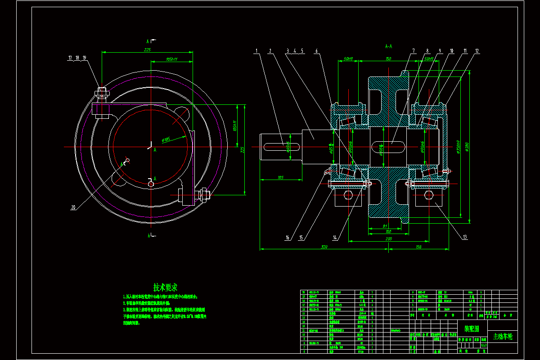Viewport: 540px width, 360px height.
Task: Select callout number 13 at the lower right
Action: (x=464, y=237)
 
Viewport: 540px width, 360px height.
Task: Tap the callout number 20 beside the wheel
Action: (x=73, y=207)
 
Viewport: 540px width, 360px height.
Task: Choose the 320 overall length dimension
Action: (x=324, y=247)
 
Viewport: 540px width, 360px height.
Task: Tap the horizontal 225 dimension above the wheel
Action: (x=147, y=50)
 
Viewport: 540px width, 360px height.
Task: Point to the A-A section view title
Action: (x=389, y=46)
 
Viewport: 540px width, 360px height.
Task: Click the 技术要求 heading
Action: (x=165, y=287)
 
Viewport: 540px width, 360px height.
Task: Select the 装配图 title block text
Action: (x=472, y=329)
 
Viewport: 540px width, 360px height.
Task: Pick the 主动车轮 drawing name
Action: (x=503, y=336)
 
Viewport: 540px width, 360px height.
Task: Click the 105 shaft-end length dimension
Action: (x=281, y=178)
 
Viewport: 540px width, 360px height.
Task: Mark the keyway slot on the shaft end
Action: (x=275, y=145)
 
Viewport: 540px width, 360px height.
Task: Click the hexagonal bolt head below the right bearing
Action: (x=428, y=195)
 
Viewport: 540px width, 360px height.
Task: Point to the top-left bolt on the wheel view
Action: (x=102, y=93)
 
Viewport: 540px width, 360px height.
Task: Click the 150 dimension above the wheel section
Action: (x=388, y=59)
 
